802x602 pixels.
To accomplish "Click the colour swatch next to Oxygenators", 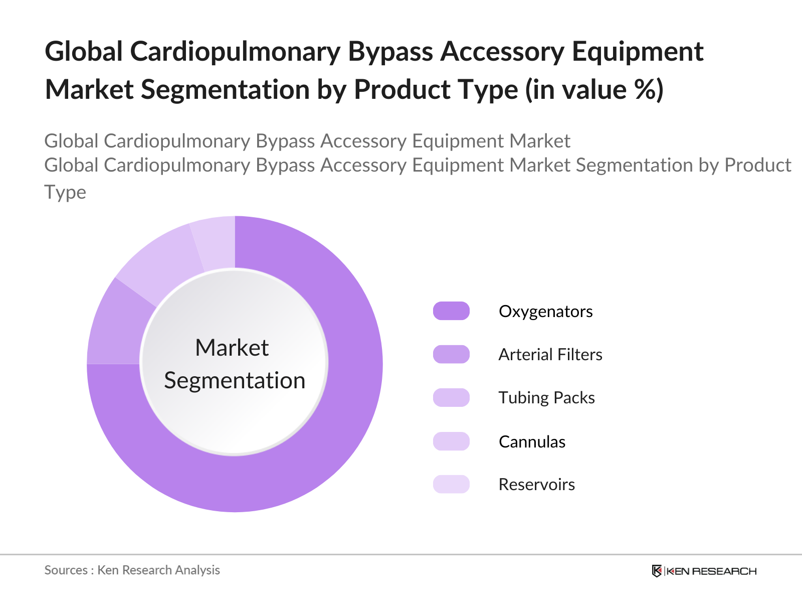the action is [x=451, y=311].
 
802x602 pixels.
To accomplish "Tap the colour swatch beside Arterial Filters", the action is [x=451, y=354].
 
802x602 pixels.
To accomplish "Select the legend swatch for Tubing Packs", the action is [x=451, y=397].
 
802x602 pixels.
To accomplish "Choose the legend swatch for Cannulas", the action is [x=451, y=441].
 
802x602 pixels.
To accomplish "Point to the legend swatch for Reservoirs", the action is [x=451, y=484].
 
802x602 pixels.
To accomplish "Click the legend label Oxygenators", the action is [x=545, y=312].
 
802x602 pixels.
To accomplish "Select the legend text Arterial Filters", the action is [x=550, y=354].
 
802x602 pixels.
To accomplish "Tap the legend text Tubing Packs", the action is [x=546, y=398].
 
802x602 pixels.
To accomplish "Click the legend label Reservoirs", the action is [x=537, y=485].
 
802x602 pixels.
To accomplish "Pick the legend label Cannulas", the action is [x=532, y=441].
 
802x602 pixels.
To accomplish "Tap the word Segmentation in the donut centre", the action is [x=235, y=381].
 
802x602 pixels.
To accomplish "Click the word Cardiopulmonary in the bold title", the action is [x=235, y=52].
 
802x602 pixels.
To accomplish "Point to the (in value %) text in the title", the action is [x=594, y=90].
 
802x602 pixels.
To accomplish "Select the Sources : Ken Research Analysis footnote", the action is [x=132, y=570].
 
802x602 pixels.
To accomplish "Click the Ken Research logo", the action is [x=704, y=571].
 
